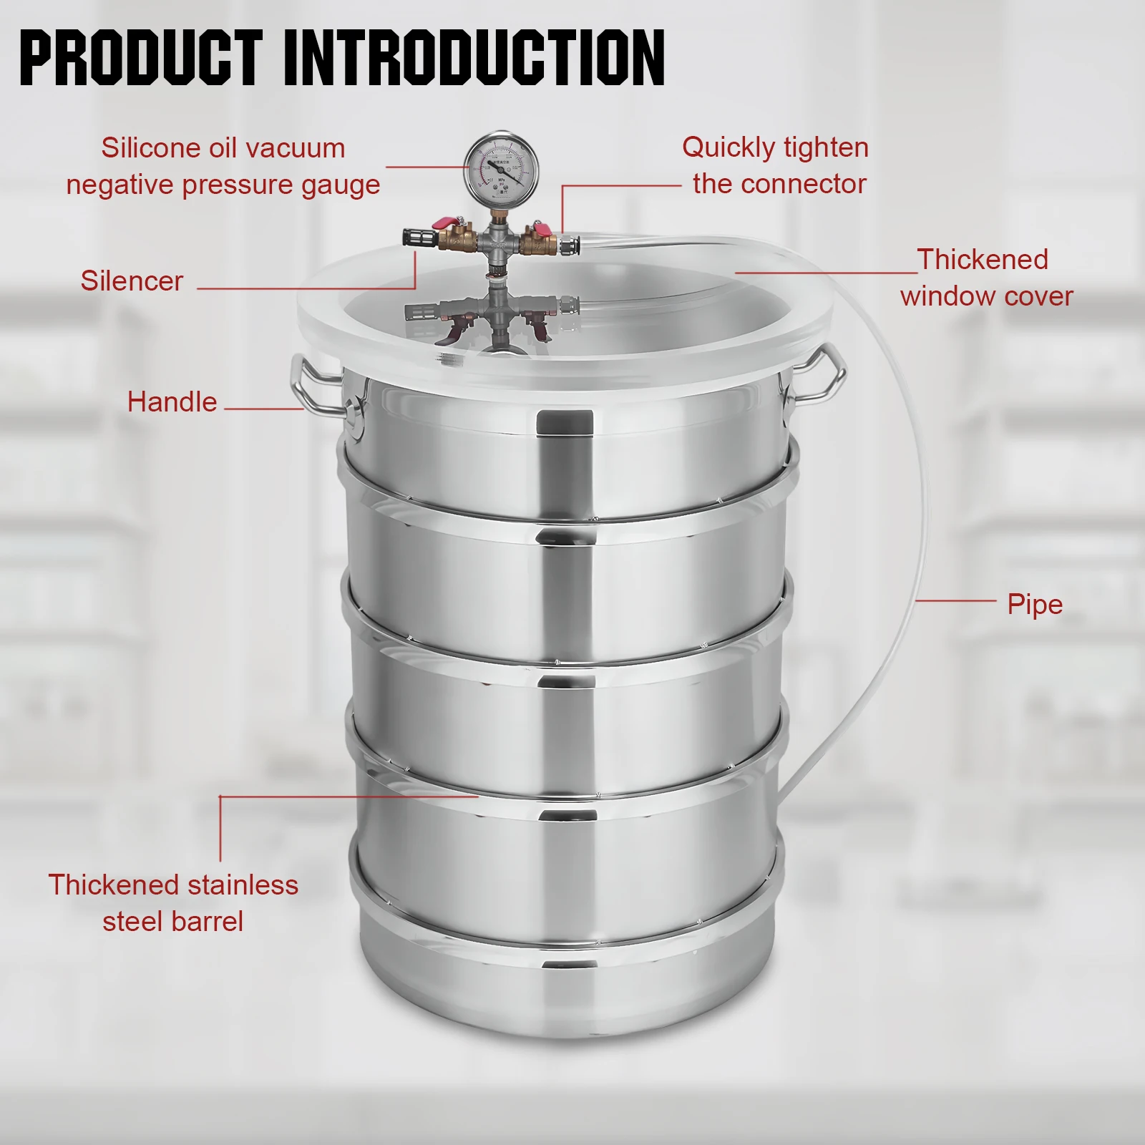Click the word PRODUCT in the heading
tap(141, 58)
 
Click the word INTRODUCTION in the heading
tap(474, 58)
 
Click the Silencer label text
tap(132, 281)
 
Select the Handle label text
tap(172, 402)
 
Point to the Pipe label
tap(1034, 605)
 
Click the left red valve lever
tap(447, 223)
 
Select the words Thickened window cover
tap(986, 278)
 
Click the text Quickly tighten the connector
tap(776, 165)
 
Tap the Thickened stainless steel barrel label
tap(172, 903)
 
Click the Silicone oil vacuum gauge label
tap(223, 166)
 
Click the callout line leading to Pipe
tap(955, 601)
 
